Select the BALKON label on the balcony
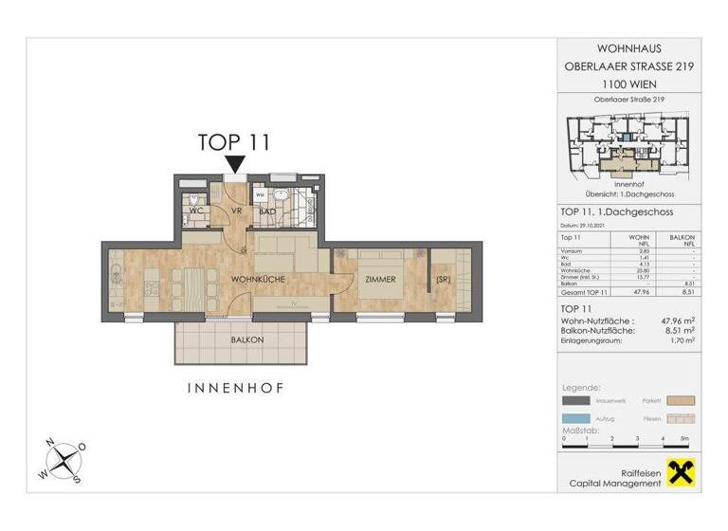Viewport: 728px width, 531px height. point(246,339)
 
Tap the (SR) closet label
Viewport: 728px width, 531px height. point(442,280)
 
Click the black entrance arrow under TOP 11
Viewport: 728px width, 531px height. point(234,166)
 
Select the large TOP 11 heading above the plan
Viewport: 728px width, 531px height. point(234,142)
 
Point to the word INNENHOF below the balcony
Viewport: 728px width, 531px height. point(236,388)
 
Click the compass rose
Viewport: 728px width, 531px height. point(63,460)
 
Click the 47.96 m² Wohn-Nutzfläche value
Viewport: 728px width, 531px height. point(676,321)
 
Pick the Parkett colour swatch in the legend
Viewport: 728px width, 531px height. point(682,401)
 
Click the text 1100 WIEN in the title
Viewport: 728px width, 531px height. point(629,82)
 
